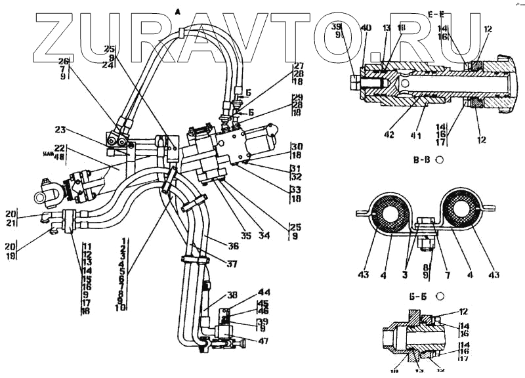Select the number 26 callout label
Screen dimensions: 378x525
tap(63, 61)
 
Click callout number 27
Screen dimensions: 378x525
tap(299, 66)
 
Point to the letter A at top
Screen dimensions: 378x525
tap(178, 9)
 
